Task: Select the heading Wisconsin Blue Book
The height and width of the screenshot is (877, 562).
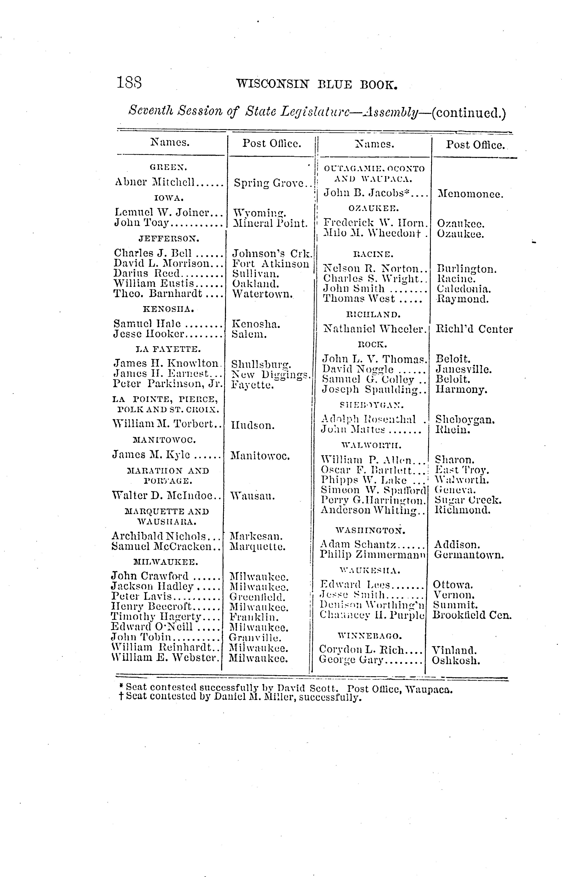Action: (x=316, y=85)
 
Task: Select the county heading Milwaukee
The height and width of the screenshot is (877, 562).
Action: (x=166, y=562)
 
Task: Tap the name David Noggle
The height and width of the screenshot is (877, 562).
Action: (x=358, y=369)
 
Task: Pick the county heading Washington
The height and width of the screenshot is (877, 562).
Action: (x=370, y=530)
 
